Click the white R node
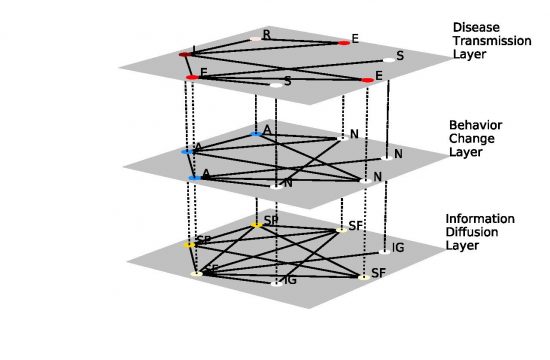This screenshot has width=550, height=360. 256,38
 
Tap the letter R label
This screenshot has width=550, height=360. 266,33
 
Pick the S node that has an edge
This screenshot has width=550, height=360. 275,85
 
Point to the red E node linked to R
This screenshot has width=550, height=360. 344,42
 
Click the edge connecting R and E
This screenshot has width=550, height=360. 300,40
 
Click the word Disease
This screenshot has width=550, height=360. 475,27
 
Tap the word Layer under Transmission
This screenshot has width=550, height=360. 467,55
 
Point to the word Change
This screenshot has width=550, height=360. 470,139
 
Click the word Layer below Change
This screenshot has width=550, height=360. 467,153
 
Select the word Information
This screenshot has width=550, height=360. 481,218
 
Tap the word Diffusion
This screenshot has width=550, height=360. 474,232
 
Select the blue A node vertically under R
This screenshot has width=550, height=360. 256,132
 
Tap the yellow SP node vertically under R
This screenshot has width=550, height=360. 256,225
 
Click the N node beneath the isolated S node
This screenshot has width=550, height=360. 387,158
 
